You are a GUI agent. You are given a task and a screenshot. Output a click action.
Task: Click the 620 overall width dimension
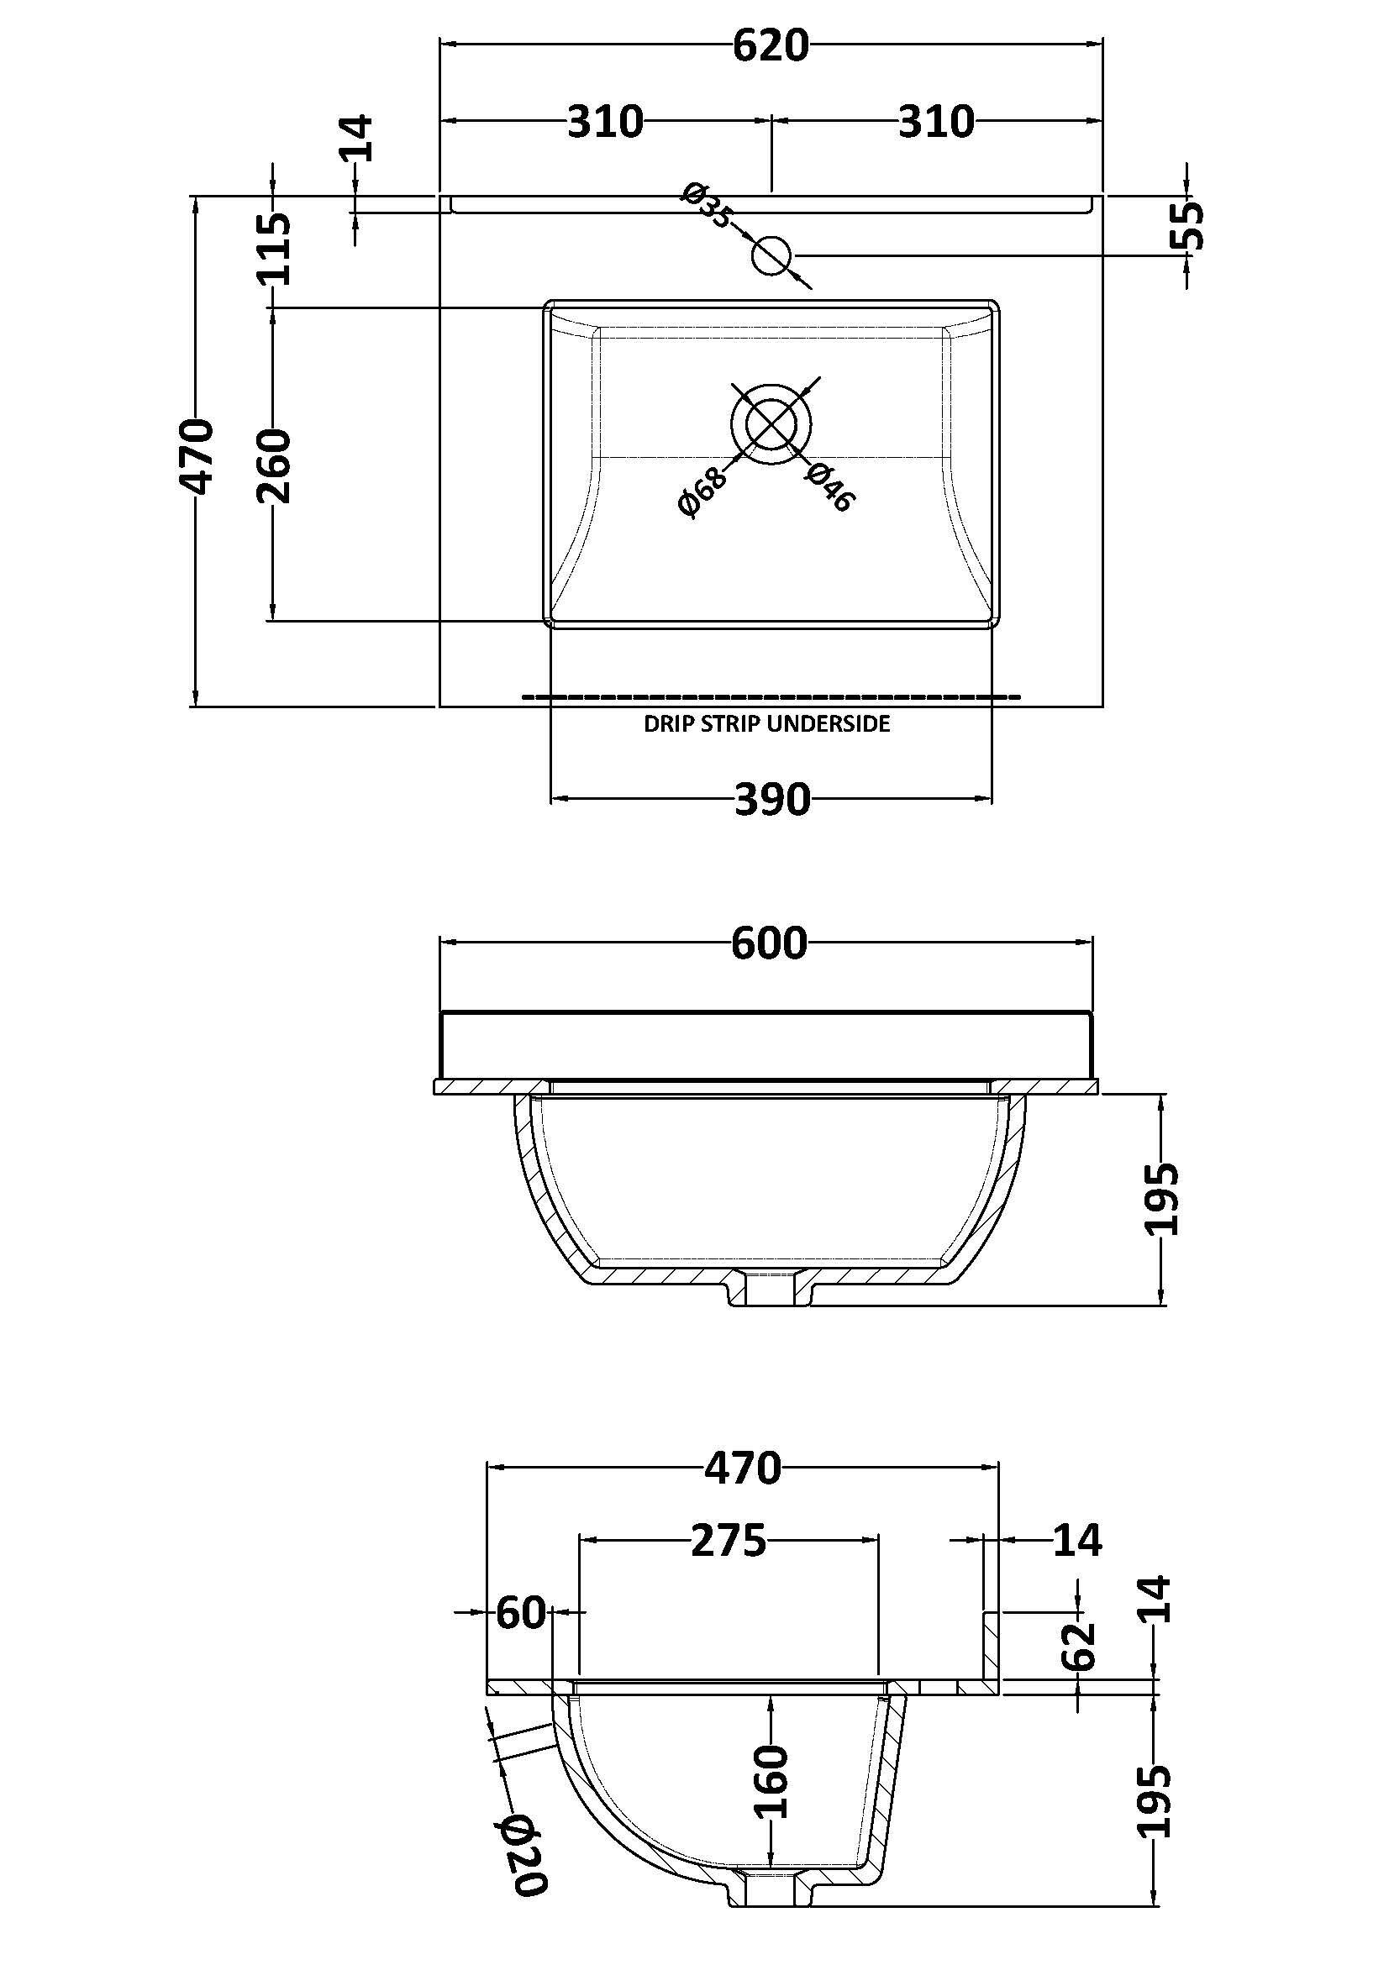pyautogui.click(x=771, y=46)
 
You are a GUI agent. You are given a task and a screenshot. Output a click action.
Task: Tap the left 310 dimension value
pyautogui.click(x=605, y=122)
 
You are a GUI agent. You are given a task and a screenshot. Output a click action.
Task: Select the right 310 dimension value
pyautogui.click(x=935, y=122)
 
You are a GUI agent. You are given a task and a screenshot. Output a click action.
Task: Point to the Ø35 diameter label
pyautogui.click(x=707, y=205)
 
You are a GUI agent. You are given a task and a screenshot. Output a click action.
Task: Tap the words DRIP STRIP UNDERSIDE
pyautogui.click(x=767, y=724)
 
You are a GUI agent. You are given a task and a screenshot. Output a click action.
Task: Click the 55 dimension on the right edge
pyautogui.click(x=1187, y=225)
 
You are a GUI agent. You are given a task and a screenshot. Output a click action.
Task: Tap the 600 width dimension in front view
pyautogui.click(x=769, y=944)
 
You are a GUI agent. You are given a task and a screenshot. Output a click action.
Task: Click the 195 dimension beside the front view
pyautogui.click(x=1162, y=1198)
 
